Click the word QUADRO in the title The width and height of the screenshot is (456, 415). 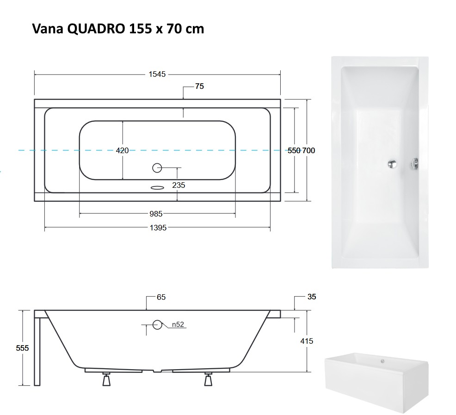click(x=96, y=29)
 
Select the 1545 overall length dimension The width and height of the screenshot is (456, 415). click(x=157, y=74)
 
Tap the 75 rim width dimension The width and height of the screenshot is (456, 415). click(x=199, y=86)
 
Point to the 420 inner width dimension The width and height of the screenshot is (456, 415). click(x=122, y=150)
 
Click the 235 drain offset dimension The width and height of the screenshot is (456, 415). click(x=179, y=185)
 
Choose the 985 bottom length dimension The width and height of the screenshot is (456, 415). click(x=156, y=214)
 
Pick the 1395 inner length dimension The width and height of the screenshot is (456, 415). click(x=158, y=228)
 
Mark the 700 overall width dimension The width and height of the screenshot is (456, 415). click(x=308, y=150)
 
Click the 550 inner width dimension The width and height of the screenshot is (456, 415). click(x=294, y=150)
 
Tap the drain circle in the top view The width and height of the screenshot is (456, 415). click(x=157, y=168)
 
